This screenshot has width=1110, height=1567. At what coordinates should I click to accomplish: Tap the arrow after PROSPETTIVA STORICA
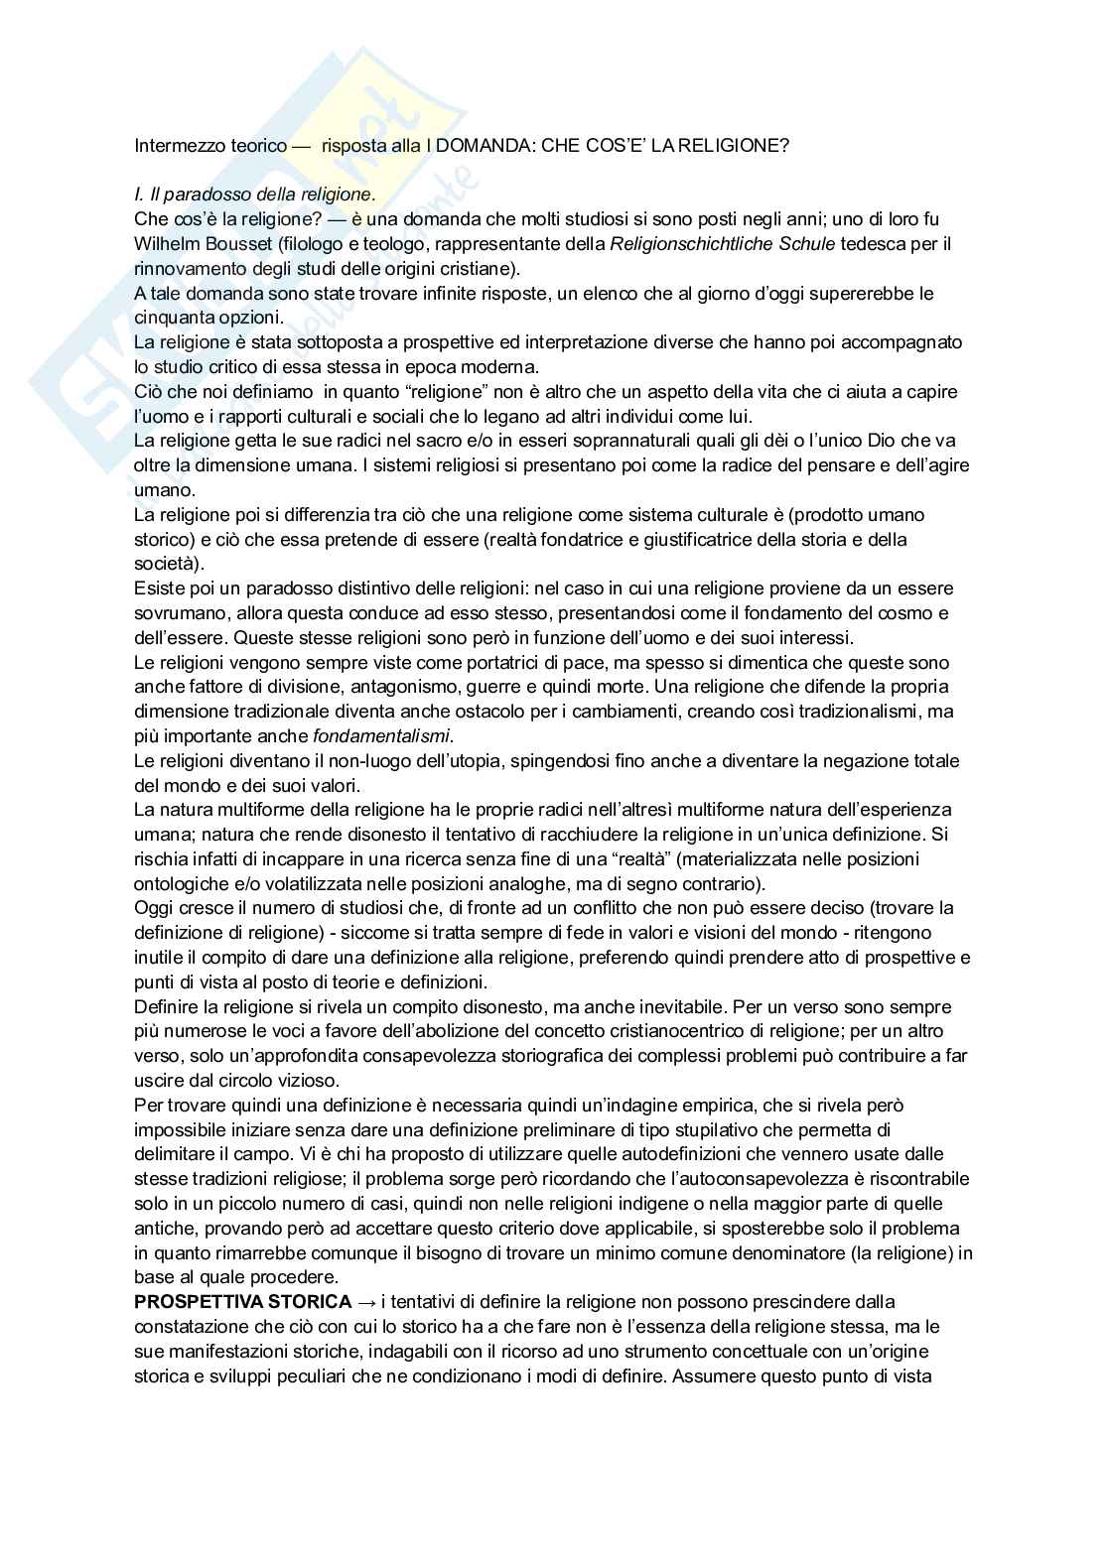367,1301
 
